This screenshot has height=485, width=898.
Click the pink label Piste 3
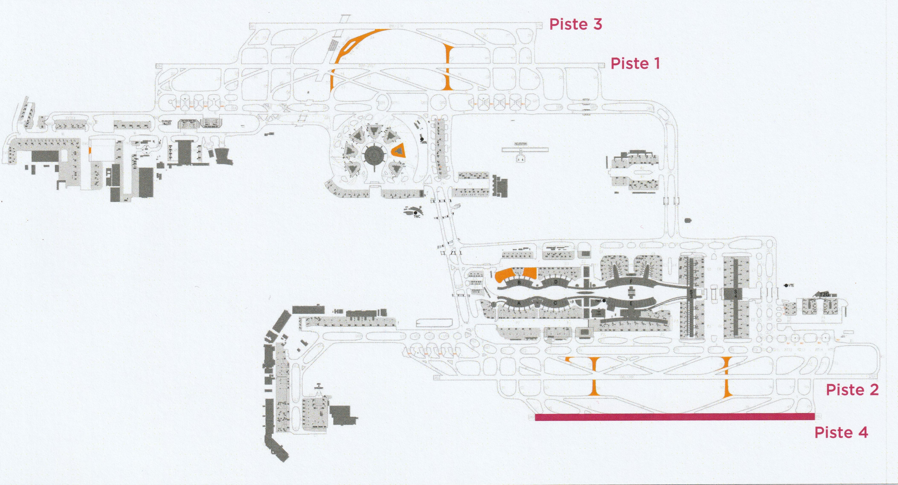tap(576, 24)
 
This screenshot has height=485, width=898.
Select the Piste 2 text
tap(852, 390)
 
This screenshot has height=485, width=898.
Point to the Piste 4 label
tap(841, 433)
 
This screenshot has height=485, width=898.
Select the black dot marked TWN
tap(422, 139)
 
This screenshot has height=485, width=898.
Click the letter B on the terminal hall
tap(519, 282)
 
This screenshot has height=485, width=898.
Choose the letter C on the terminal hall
tap(555, 303)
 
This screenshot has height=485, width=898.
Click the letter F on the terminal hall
tap(631, 281)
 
